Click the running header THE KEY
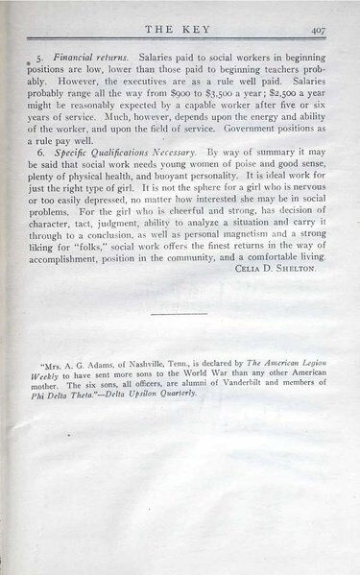181,30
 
